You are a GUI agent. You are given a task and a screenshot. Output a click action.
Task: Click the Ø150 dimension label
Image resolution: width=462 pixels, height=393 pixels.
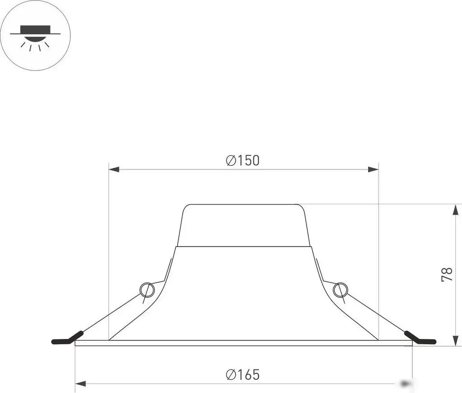pyautogui.click(x=243, y=160)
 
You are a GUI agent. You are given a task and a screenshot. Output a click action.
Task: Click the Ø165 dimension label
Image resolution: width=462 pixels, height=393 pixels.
pyautogui.click(x=243, y=375)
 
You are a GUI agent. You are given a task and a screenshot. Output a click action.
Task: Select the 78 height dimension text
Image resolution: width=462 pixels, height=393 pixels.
pyautogui.click(x=447, y=274)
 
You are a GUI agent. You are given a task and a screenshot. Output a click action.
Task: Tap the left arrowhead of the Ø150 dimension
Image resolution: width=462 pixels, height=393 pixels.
pyautogui.click(x=114, y=169)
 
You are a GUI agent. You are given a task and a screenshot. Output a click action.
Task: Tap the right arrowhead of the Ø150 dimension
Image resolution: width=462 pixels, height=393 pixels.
pyautogui.click(x=373, y=169)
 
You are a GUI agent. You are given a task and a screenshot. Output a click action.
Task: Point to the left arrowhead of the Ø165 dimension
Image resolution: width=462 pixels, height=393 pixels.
pyautogui.click(x=80, y=384)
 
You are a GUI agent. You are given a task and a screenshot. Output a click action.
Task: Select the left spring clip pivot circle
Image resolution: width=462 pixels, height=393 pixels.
pyautogui.click(x=146, y=289)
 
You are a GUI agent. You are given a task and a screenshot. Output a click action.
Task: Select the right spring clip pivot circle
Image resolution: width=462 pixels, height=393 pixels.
pyautogui.click(x=340, y=289)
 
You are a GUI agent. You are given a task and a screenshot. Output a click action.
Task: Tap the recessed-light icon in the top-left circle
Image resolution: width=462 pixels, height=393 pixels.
pyautogui.click(x=35, y=35)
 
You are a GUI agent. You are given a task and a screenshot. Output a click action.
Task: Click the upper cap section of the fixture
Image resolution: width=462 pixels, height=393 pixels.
pyautogui.click(x=243, y=225)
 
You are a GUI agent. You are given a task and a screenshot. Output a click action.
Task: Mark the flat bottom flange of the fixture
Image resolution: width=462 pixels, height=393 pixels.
pyautogui.click(x=243, y=343)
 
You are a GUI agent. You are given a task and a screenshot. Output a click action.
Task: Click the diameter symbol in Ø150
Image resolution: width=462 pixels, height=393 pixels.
pyautogui.click(x=231, y=160)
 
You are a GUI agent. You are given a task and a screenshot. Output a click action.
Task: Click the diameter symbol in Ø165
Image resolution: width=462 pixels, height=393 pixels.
pyautogui.click(x=231, y=375)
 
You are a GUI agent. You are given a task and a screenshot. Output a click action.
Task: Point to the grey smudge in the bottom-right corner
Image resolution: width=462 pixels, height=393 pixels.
pyautogui.click(x=407, y=384)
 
